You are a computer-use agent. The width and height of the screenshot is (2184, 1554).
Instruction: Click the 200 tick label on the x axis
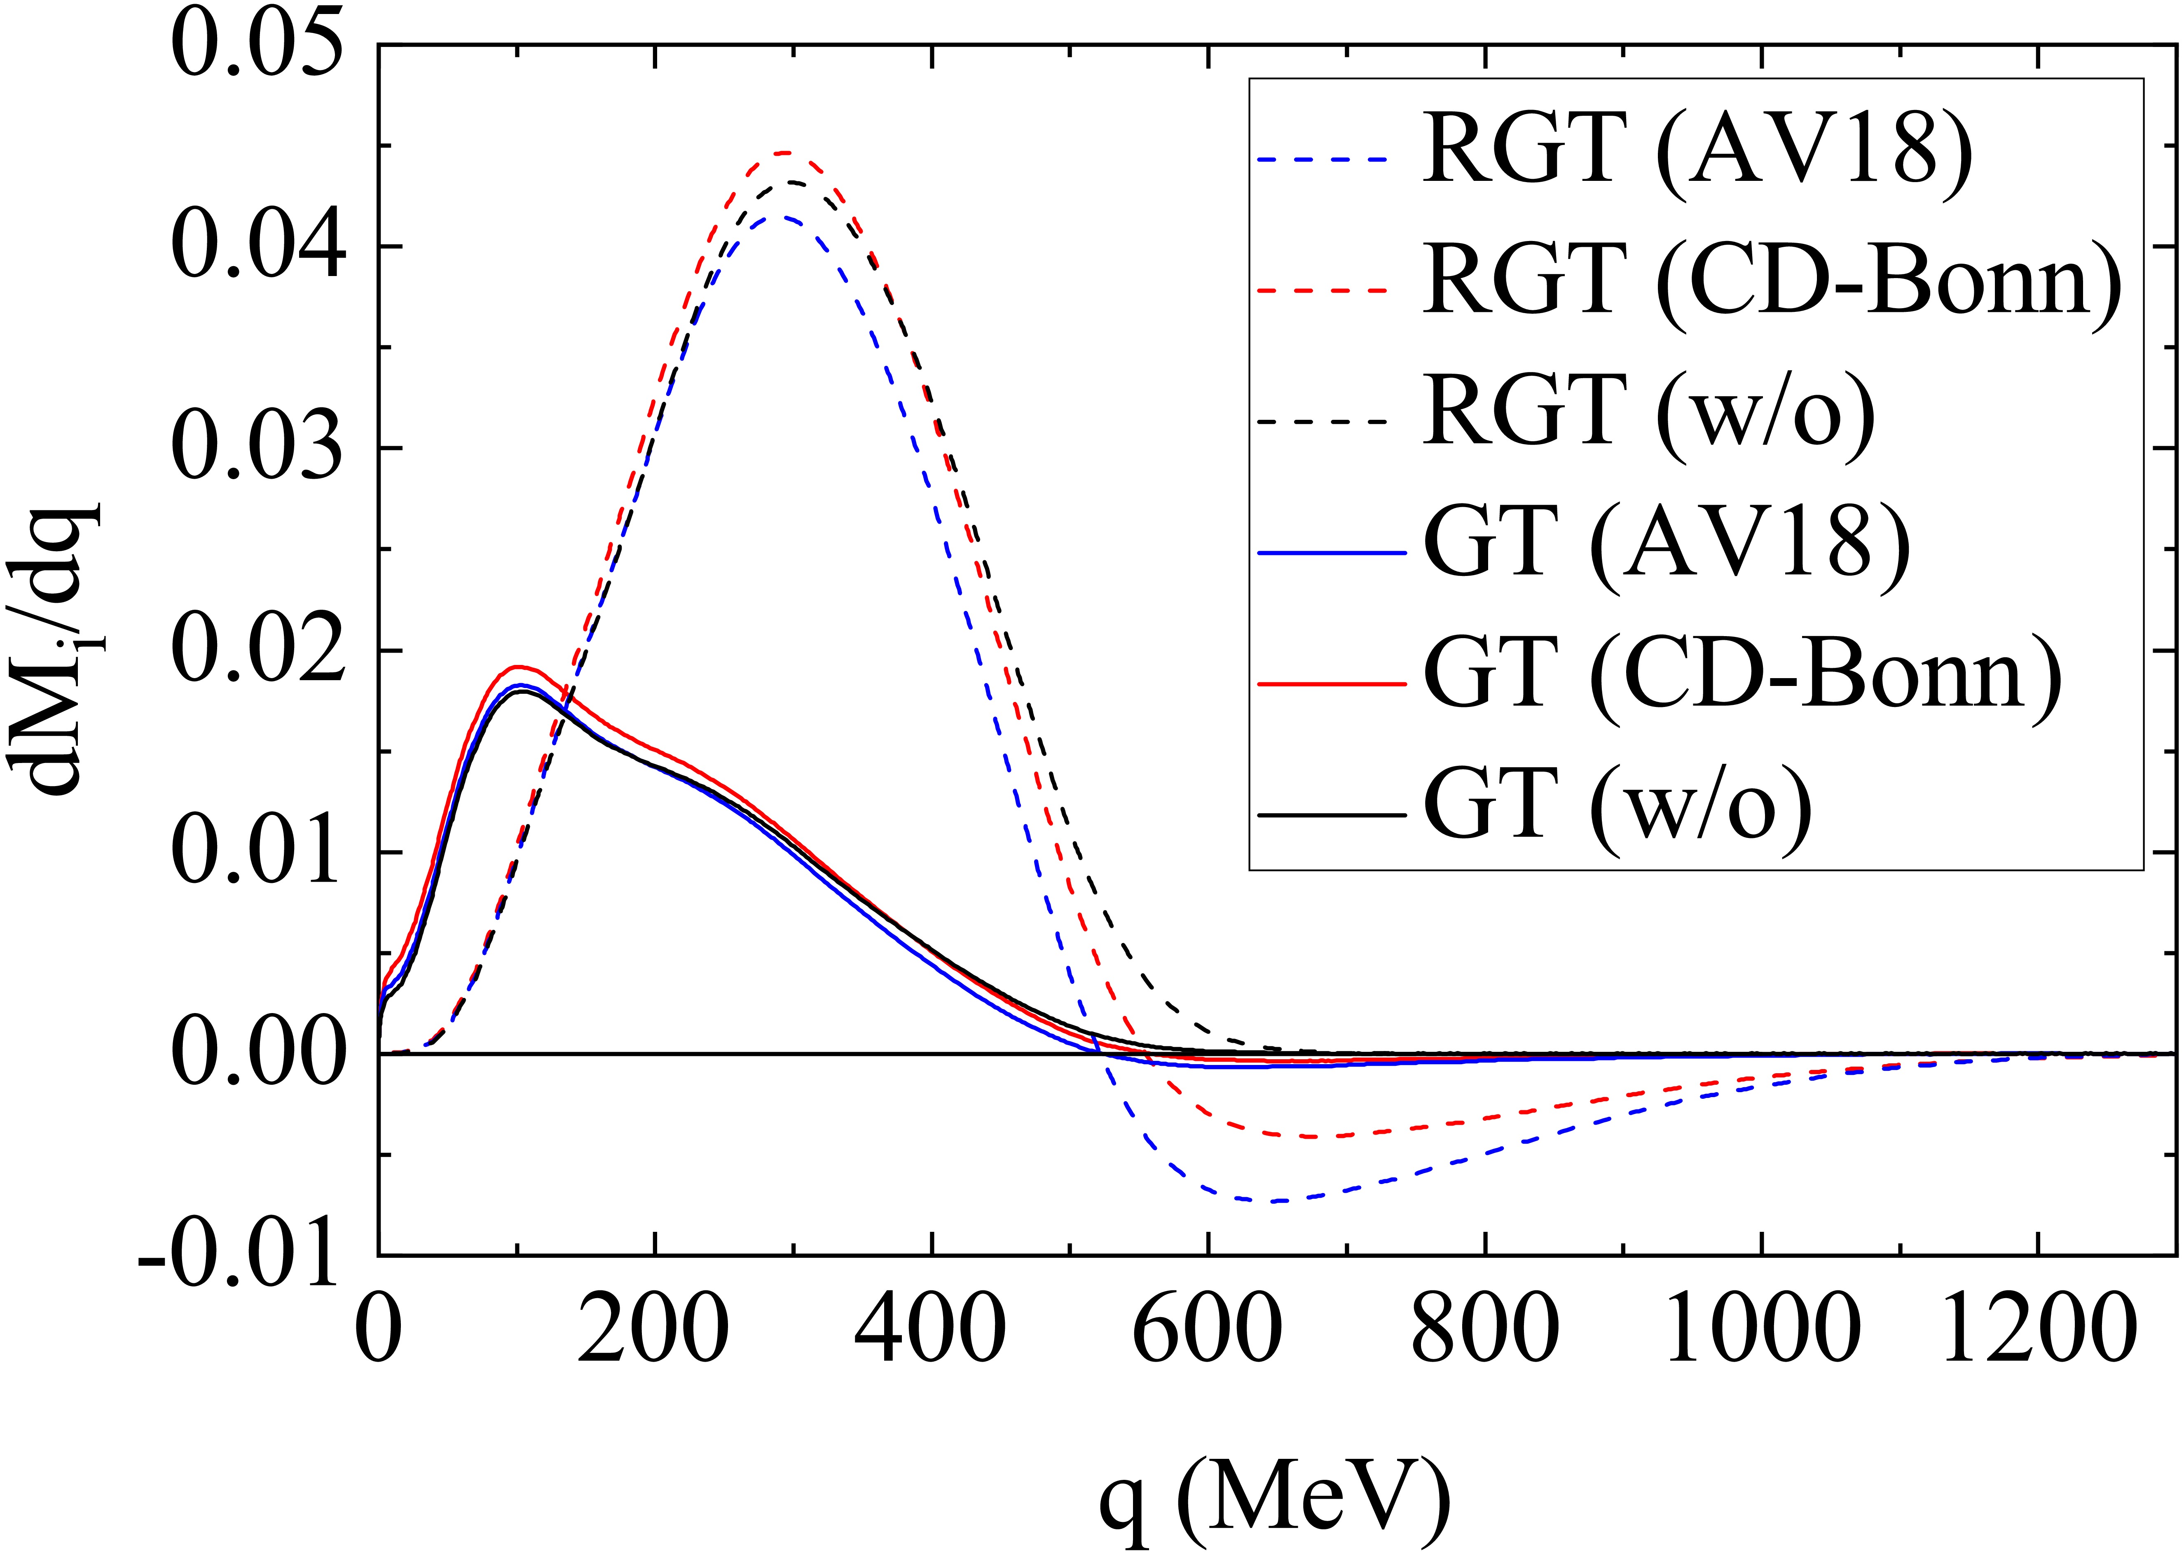[654, 1330]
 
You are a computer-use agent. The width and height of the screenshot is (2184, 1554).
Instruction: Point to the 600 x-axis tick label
[1208, 1330]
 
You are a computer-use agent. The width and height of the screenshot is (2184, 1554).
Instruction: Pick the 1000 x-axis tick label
[1759, 1330]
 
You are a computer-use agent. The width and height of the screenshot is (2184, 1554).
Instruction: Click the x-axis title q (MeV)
[1273, 1498]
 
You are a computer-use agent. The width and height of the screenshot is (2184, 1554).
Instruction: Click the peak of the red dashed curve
[785, 152]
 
